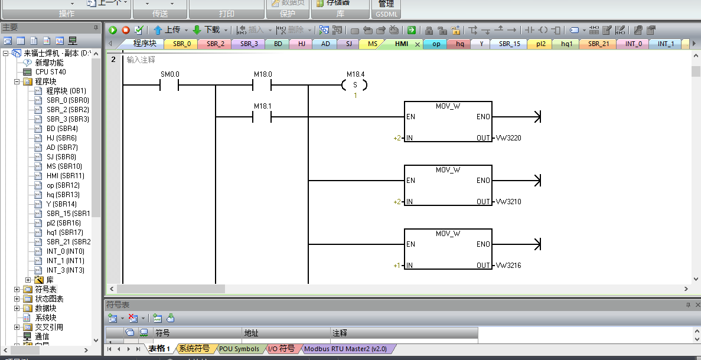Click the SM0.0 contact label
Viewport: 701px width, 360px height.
(169, 74)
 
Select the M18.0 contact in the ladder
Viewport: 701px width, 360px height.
(262, 86)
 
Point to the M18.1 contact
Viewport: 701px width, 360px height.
(262, 117)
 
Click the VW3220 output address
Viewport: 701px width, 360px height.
(508, 138)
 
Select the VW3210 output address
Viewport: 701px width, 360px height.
(508, 202)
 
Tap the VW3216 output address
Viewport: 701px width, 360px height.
(508, 266)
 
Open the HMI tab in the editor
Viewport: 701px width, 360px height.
(402, 44)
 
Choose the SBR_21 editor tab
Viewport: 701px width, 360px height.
(598, 44)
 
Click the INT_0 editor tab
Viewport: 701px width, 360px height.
(633, 44)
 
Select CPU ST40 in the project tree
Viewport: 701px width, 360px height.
(50, 72)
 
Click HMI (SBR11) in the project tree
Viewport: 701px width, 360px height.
(65, 176)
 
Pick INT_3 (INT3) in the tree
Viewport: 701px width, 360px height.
(65, 270)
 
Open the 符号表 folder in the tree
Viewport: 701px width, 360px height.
(45, 289)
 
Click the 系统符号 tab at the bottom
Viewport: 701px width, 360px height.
(194, 349)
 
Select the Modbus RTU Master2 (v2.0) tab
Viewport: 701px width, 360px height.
(345, 349)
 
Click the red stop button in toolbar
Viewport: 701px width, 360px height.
(126, 30)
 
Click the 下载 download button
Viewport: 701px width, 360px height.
(207, 30)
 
